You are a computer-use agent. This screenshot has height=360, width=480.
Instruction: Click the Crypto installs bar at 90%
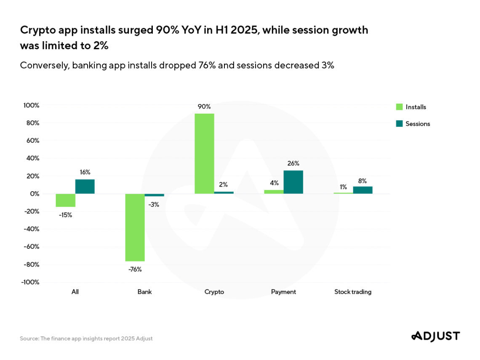[204, 153]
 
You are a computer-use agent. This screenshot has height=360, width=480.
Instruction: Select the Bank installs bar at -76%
[135, 227]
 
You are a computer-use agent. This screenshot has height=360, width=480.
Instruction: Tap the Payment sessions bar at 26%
[293, 182]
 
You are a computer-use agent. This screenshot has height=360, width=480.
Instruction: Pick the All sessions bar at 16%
[85, 187]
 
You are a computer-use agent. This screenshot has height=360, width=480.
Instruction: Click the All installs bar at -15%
[66, 200]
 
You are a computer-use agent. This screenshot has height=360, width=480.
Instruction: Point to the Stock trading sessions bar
[363, 190]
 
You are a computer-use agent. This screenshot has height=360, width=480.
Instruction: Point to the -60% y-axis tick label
[30, 247]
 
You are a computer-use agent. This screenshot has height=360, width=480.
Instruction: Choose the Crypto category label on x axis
[214, 292]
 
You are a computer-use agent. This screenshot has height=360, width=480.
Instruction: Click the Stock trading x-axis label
[353, 292]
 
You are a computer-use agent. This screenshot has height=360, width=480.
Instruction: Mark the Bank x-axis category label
[144, 292]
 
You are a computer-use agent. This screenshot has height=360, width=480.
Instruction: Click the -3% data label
[154, 205]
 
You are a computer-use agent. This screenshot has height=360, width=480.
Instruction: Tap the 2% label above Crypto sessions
[224, 184]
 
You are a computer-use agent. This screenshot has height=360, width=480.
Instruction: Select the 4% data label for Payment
[274, 183]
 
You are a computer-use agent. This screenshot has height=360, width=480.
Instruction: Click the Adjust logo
[435, 336]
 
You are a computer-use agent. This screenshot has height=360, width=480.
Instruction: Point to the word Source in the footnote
[28, 339]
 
